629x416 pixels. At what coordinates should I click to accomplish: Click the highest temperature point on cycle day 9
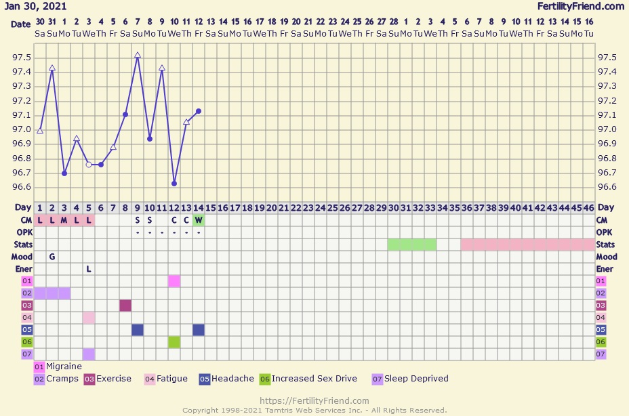[x=138, y=56]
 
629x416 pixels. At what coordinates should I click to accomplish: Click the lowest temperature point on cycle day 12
[x=174, y=184]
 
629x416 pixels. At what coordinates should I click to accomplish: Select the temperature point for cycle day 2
[x=52, y=68]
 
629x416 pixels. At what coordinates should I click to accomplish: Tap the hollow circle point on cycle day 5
[x=89, y=165]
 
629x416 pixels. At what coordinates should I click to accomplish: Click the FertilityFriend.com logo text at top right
[x=580, y=6]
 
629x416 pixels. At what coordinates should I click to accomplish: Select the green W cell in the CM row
[x=199, y=220]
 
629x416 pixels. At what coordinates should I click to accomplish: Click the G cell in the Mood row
[x=52, y=257]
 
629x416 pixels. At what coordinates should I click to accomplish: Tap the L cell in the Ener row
[x=89, y=269]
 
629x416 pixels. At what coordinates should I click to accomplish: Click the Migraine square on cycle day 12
[x=174, y=281]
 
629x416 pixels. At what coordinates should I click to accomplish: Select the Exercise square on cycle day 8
[x=125, y=306]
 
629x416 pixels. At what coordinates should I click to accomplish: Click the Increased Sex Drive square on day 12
[x=174, y=342]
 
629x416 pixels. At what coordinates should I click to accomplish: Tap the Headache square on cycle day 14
[x=199, y=330]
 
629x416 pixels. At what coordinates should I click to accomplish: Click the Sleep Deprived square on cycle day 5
[x=89, y=354]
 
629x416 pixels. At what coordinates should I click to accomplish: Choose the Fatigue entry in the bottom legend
[x=166, y=379]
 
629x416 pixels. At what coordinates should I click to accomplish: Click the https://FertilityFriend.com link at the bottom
[x=314, y=400]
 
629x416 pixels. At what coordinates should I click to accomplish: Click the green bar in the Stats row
[x=412, y=245]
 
